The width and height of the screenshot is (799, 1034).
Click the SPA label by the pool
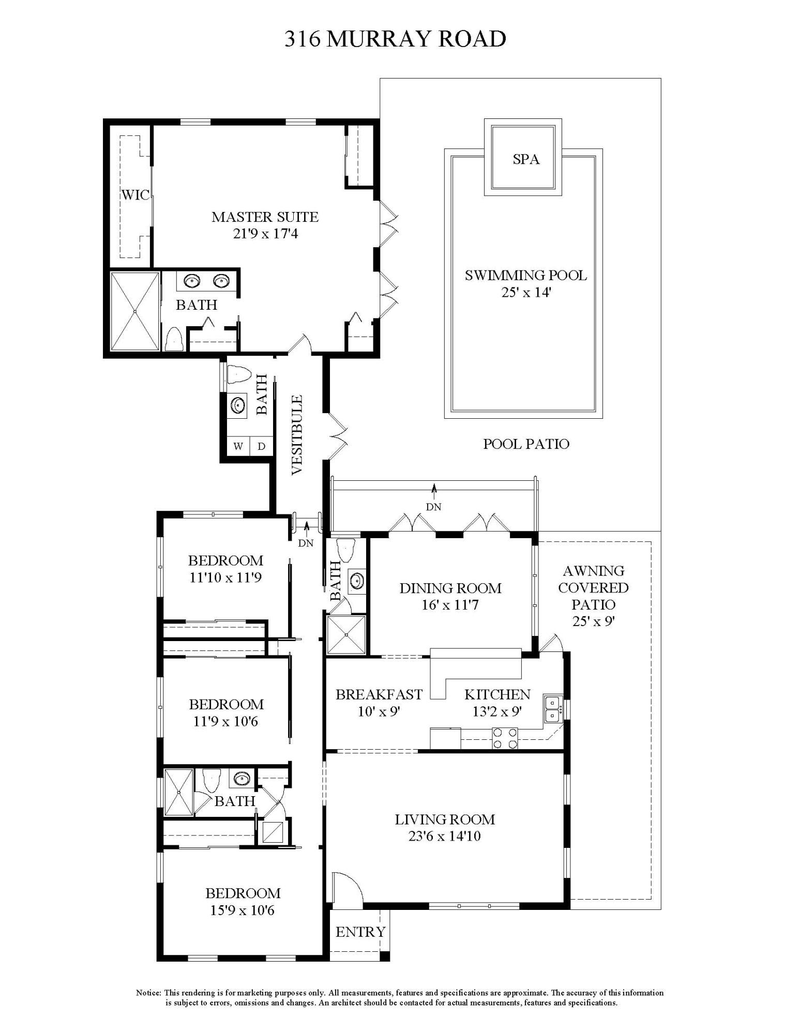pyautogui.click(x=526, y=159)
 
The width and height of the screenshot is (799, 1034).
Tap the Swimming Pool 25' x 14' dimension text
pyautogui.click(x=525, y=292)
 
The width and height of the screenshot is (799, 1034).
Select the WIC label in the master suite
pyautogui.click(x=135, y=195)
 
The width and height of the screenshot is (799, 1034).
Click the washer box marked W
pyautogui.click(x=238, y=446)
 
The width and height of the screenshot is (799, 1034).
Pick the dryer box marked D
pyautogui.click(x=261, y=446)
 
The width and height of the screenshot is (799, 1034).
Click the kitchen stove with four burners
pyautogui.click(x=505, y=738)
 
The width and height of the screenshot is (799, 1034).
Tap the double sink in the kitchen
pyautogui.click(x=553, y=709)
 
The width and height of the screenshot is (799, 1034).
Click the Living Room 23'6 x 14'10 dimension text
pyautogui.click(x=445, y=836)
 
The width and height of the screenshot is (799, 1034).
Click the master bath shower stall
pyautogui.click(x=135, y=311)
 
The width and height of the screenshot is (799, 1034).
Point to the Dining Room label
pyautogui.click(x=450, y=588)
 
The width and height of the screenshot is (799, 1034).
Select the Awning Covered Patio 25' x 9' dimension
pyautogui.click(x=593, y=621)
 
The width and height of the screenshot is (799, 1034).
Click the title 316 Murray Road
pyautogui.click(x=395, y=39)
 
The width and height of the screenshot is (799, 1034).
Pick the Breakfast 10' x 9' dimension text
pyautogui.click(x=379, y=711)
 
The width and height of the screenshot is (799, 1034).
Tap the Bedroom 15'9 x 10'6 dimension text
pyautogui.click(x=243, y=910)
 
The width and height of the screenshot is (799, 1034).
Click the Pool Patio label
pyautogui.click(x=526, y=444)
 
